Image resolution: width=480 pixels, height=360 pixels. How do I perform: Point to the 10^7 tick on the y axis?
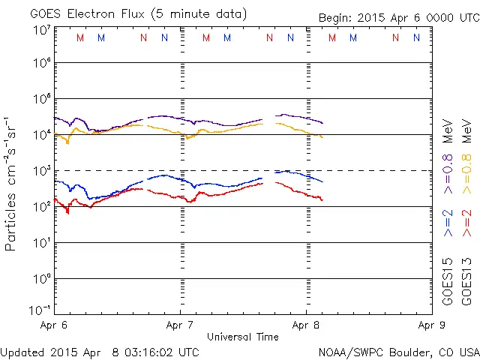42,29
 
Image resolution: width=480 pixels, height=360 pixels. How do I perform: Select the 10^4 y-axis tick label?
42,134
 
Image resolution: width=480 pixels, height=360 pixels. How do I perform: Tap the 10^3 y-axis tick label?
42,170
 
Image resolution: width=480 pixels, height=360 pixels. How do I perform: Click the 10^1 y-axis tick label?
42,242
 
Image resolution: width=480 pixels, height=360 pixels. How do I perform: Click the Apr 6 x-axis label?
54,325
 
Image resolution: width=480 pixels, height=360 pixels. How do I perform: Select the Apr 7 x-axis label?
180,325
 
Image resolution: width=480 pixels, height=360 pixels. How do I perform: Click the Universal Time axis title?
243,337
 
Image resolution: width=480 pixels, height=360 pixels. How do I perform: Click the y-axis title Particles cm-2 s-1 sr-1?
11,184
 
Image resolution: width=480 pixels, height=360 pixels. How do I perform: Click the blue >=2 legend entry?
448,223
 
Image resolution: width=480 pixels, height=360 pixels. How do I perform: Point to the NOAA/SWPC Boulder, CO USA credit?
397,352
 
